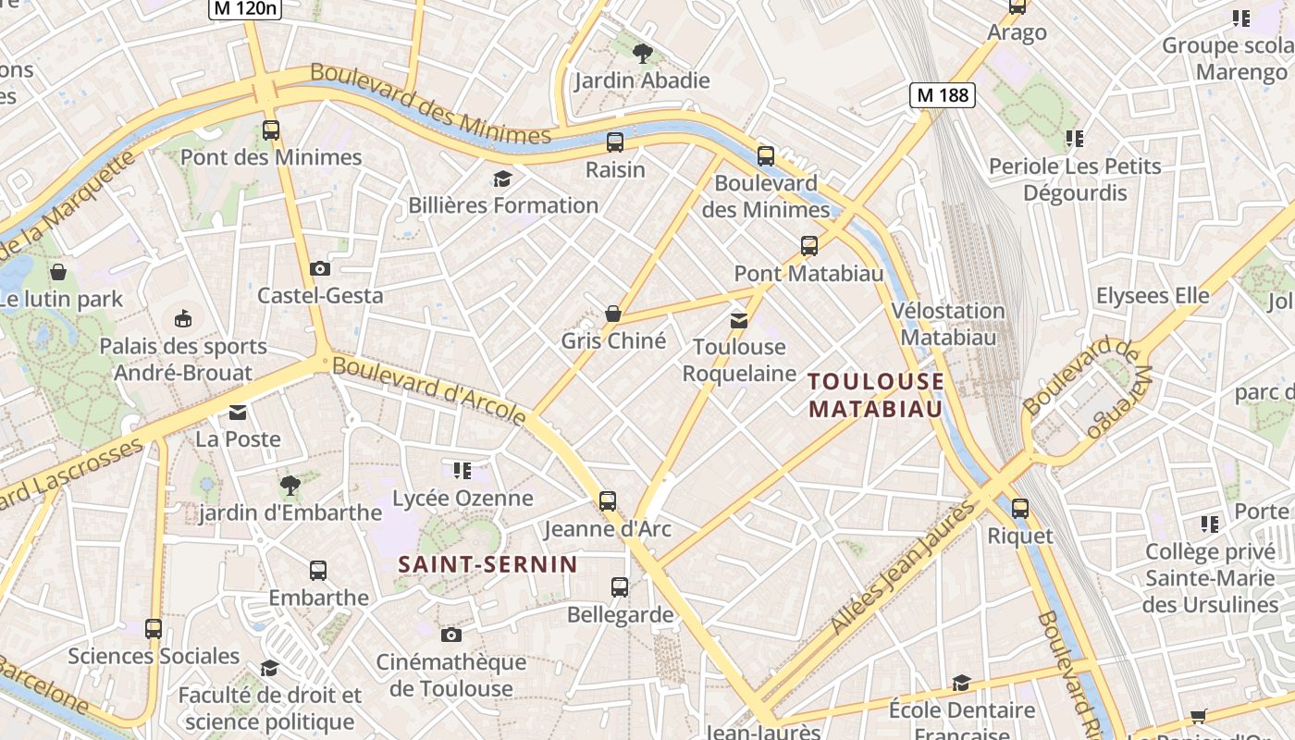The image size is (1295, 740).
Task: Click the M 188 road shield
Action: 943,94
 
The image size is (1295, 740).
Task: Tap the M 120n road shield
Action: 243,8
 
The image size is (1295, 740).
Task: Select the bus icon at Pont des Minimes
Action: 270,130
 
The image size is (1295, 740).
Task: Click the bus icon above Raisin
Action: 615,142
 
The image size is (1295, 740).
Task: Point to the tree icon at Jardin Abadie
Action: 643,54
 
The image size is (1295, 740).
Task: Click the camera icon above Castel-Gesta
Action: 320,268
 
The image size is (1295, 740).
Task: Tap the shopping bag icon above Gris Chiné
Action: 612,314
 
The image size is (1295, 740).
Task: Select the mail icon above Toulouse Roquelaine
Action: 738,320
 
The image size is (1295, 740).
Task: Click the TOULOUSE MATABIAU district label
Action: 876,395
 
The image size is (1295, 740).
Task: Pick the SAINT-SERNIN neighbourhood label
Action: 487,564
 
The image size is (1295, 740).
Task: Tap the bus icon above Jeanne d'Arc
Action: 608,501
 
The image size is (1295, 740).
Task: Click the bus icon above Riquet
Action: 1019,508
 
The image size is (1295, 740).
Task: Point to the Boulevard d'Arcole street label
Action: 429,390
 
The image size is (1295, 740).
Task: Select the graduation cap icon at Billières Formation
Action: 502,179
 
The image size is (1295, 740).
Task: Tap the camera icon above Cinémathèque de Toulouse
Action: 450,635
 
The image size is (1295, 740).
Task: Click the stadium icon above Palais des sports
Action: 183,319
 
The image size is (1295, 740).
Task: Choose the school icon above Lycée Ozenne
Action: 462,471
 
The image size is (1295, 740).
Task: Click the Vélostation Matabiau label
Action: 948,324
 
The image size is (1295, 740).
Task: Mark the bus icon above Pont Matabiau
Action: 809,246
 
